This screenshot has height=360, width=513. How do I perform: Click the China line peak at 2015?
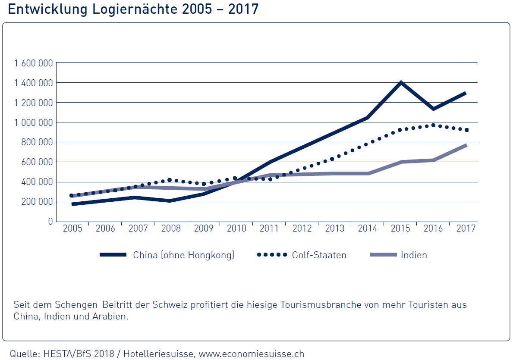pos(401,82)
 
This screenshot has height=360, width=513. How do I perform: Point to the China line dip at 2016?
pos(433,109)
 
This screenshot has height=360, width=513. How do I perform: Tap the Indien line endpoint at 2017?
pos(466,145)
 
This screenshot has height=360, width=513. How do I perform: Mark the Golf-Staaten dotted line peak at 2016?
pos(433,125)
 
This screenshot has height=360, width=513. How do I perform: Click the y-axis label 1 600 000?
pos(33,63)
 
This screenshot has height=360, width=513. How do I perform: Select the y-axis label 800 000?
pos(36,142)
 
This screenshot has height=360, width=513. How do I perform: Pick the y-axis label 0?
pos(50,221)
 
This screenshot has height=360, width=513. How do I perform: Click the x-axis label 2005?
pos(72,229)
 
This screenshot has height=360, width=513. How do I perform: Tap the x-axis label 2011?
pos(269,229)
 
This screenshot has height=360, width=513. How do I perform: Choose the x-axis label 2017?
pos(466,229)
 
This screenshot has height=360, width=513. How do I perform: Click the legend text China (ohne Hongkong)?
pos(183,255)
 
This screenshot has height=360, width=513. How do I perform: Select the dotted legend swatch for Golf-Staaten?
pos(272,255)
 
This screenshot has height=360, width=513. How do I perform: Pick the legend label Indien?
pos(414,255)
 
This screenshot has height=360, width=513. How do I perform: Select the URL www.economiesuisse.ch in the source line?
pos(251,354)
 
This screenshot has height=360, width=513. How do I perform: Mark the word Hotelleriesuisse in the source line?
pos(158,354)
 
